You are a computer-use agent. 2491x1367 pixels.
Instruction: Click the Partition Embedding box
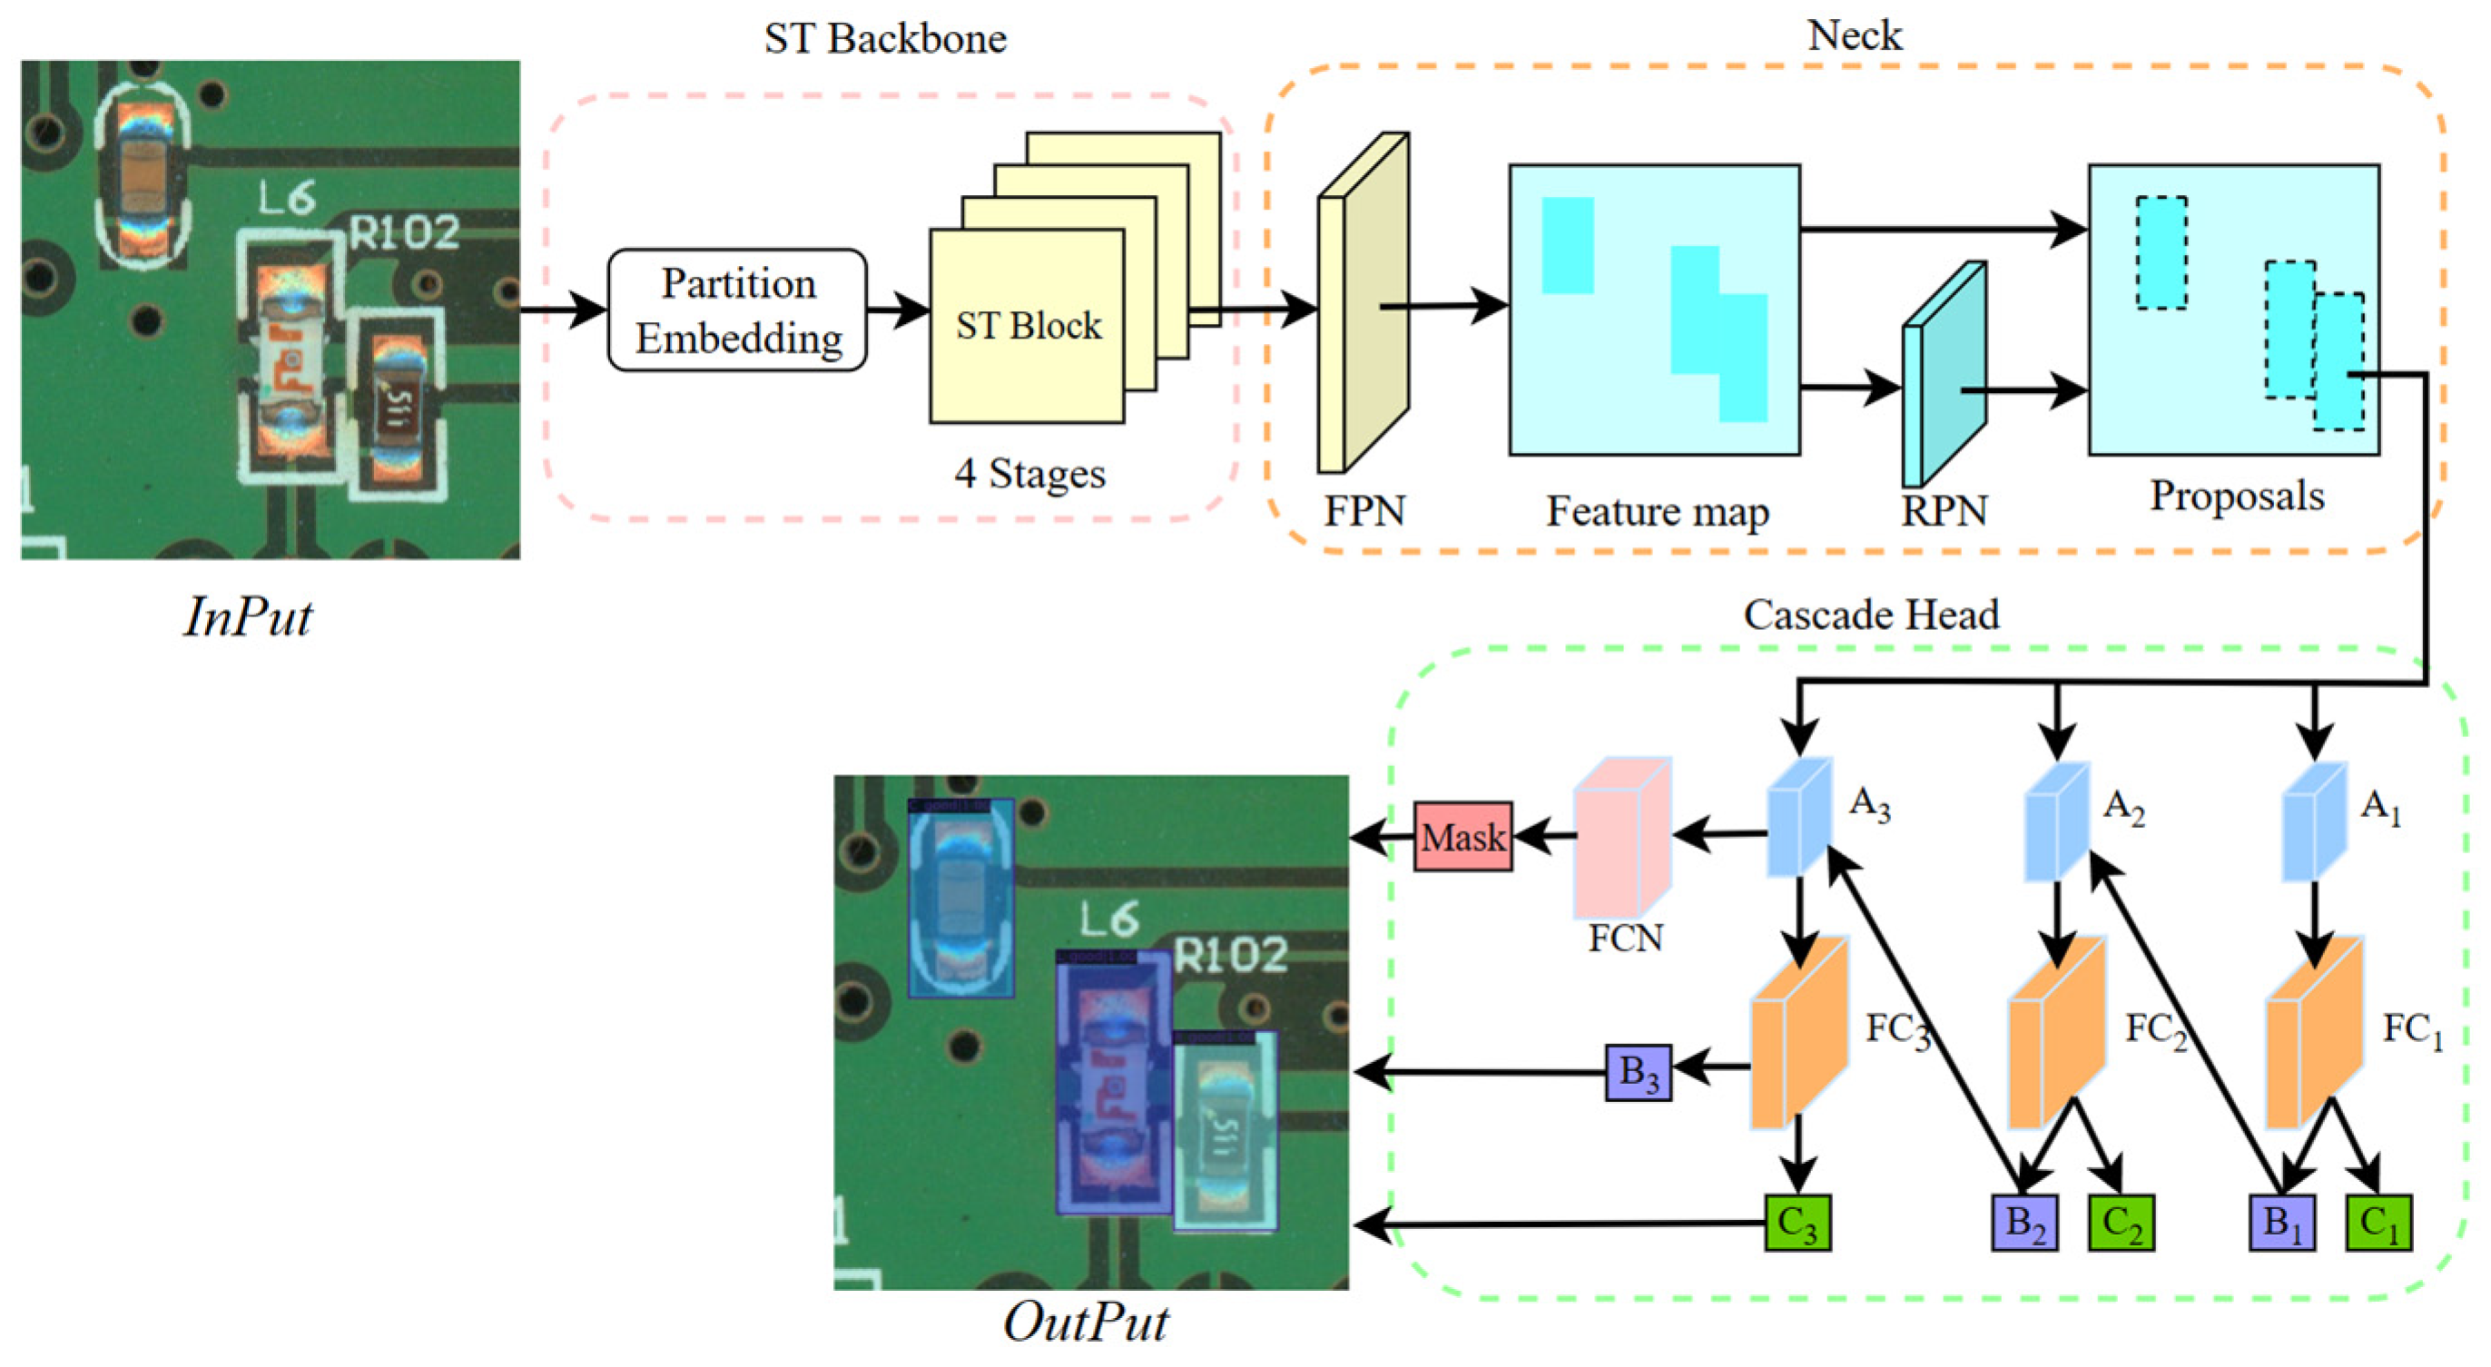[x=737, y=310]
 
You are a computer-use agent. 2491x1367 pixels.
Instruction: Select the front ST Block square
[x=1027, y=326]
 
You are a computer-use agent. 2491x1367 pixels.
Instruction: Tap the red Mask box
[x=1462, y=836]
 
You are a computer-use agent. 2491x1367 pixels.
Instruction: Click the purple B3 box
[x=1638, y=1072]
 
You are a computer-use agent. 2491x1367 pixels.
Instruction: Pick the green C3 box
[x=1797, y=1223]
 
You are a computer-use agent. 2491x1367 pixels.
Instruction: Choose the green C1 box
[x=2378, y=1223]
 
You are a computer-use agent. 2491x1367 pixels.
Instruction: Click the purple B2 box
[x=2024, y=1223]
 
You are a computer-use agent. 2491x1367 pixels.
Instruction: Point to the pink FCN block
[x=1620, y=839]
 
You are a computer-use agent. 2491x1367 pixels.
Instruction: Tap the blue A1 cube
[x=2313, y=821]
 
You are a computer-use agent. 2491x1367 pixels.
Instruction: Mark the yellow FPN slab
[x=1363, y=304]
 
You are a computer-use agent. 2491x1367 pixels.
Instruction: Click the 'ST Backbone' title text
[x=885, y=39]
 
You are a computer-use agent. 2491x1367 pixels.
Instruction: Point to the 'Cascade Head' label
[x=1870, y=615]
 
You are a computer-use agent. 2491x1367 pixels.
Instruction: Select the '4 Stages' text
[x=1029, y=474]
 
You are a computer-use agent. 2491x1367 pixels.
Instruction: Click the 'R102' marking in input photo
[x=403, y=233]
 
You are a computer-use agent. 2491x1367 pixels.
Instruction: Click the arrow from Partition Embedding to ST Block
[x=898, y=310]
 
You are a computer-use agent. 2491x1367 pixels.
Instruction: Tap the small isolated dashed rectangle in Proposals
[x=2161, y=253]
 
